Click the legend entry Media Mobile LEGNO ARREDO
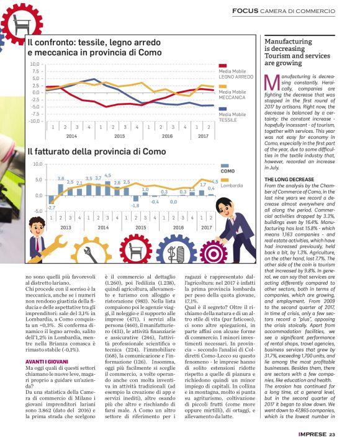236,74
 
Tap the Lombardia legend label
232,185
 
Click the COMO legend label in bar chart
228,171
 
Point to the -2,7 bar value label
51,207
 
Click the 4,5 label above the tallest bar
107,176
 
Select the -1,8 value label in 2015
135,205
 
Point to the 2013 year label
65,227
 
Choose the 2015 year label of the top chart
120,135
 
